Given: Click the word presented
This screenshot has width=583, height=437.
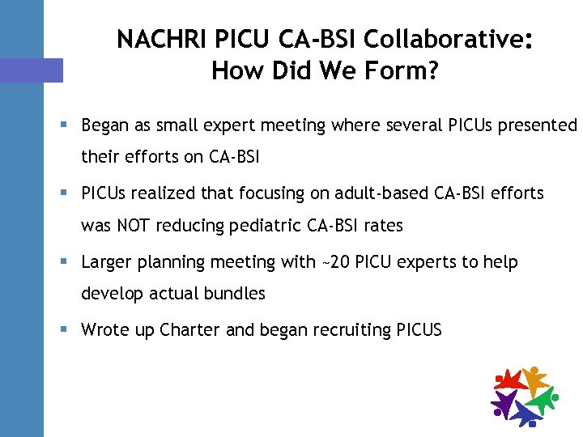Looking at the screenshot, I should pyautogui.click(x=535, y=126).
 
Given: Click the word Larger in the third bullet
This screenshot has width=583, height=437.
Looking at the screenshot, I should pyautogui.click(x=107, y=262).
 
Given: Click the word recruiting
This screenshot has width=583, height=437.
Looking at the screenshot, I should pyautogui.click(x=351, y=329).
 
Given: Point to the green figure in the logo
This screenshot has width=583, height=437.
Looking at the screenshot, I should pyautogui.click(x=543, y=398).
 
